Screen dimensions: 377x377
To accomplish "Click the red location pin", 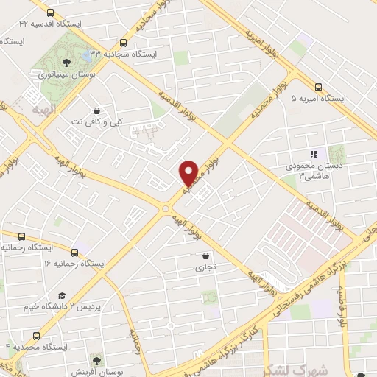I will coord(188,173).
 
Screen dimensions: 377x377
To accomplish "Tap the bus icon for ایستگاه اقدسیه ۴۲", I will coord(50,13).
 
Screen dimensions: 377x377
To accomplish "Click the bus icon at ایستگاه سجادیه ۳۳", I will coord(123,42).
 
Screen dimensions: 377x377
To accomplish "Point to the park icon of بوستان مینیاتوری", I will coord(66,61).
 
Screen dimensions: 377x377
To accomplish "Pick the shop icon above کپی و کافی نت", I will coord(96,110).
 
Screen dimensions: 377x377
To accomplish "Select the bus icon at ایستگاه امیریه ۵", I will coord(318,85).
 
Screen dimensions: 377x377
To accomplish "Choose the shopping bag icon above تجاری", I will coord(205,256).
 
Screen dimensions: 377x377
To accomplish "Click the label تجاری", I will coord(204,268).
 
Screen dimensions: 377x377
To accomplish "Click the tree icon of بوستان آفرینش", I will coord(96,359).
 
